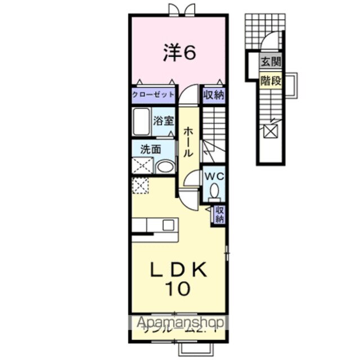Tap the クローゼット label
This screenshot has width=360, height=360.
(153, 94)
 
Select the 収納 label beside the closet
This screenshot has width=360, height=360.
(213, 94)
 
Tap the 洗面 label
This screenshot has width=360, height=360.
(151, 150)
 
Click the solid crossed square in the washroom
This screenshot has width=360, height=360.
(141, 166)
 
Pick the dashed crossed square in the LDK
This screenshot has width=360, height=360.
(139, 184)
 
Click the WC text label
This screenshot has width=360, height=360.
(214, 176)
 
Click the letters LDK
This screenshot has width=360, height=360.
(178, 269)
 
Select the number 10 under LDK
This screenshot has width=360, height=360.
(178, 289)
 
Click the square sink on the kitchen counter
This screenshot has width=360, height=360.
(168, 224)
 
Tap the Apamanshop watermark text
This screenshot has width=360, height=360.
(178, 323)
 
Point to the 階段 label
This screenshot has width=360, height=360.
(271, 80)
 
